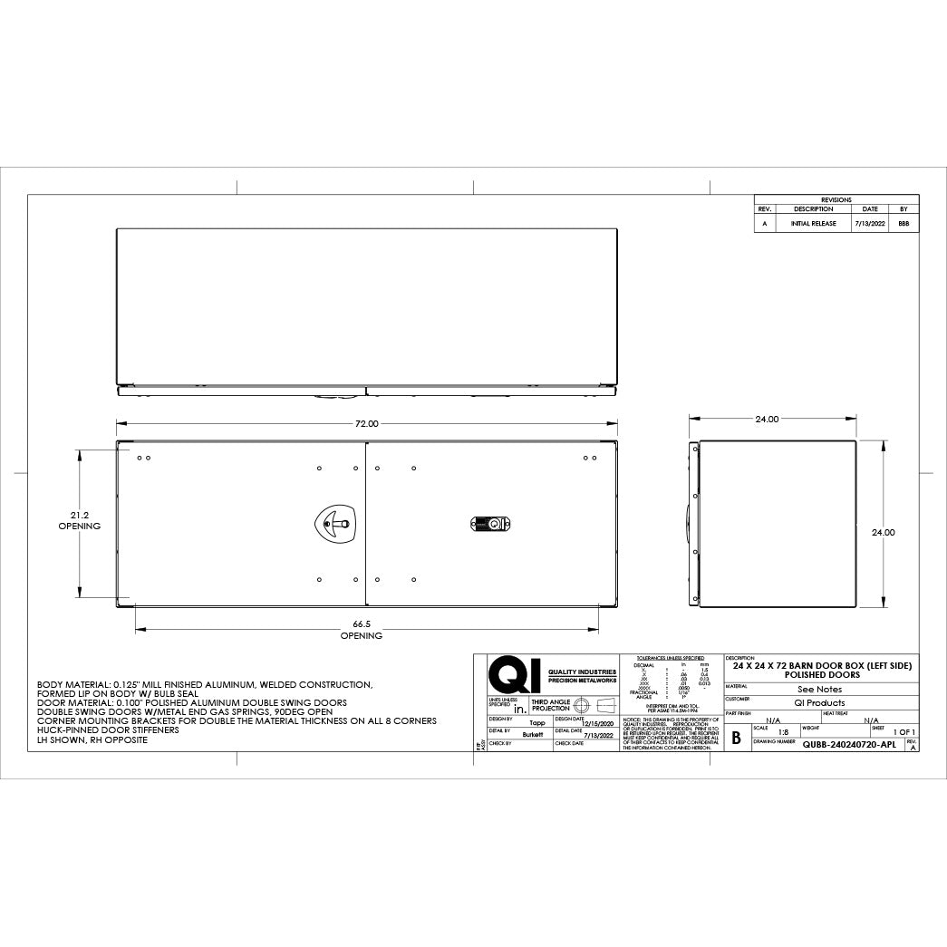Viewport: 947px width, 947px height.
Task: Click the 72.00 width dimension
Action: click(366, 423)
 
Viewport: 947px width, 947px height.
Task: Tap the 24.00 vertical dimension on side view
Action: click(883, 533)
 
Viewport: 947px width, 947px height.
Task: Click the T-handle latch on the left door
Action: click(337, 523)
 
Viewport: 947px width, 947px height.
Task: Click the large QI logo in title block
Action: click(513, 675)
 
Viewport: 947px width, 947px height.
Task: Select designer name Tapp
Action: click(536, 724)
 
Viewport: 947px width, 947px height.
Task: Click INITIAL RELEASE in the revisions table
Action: click(813, 223)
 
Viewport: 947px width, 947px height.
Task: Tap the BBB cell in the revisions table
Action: click(903, 223)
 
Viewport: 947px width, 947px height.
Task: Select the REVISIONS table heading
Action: click(836, 199)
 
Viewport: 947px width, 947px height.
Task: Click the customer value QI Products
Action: click(818, 702)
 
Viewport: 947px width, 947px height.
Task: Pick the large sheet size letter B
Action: click(736, 738)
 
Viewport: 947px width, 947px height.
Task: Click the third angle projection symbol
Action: click(594, 705)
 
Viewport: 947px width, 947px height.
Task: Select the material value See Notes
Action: click(818, 690)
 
